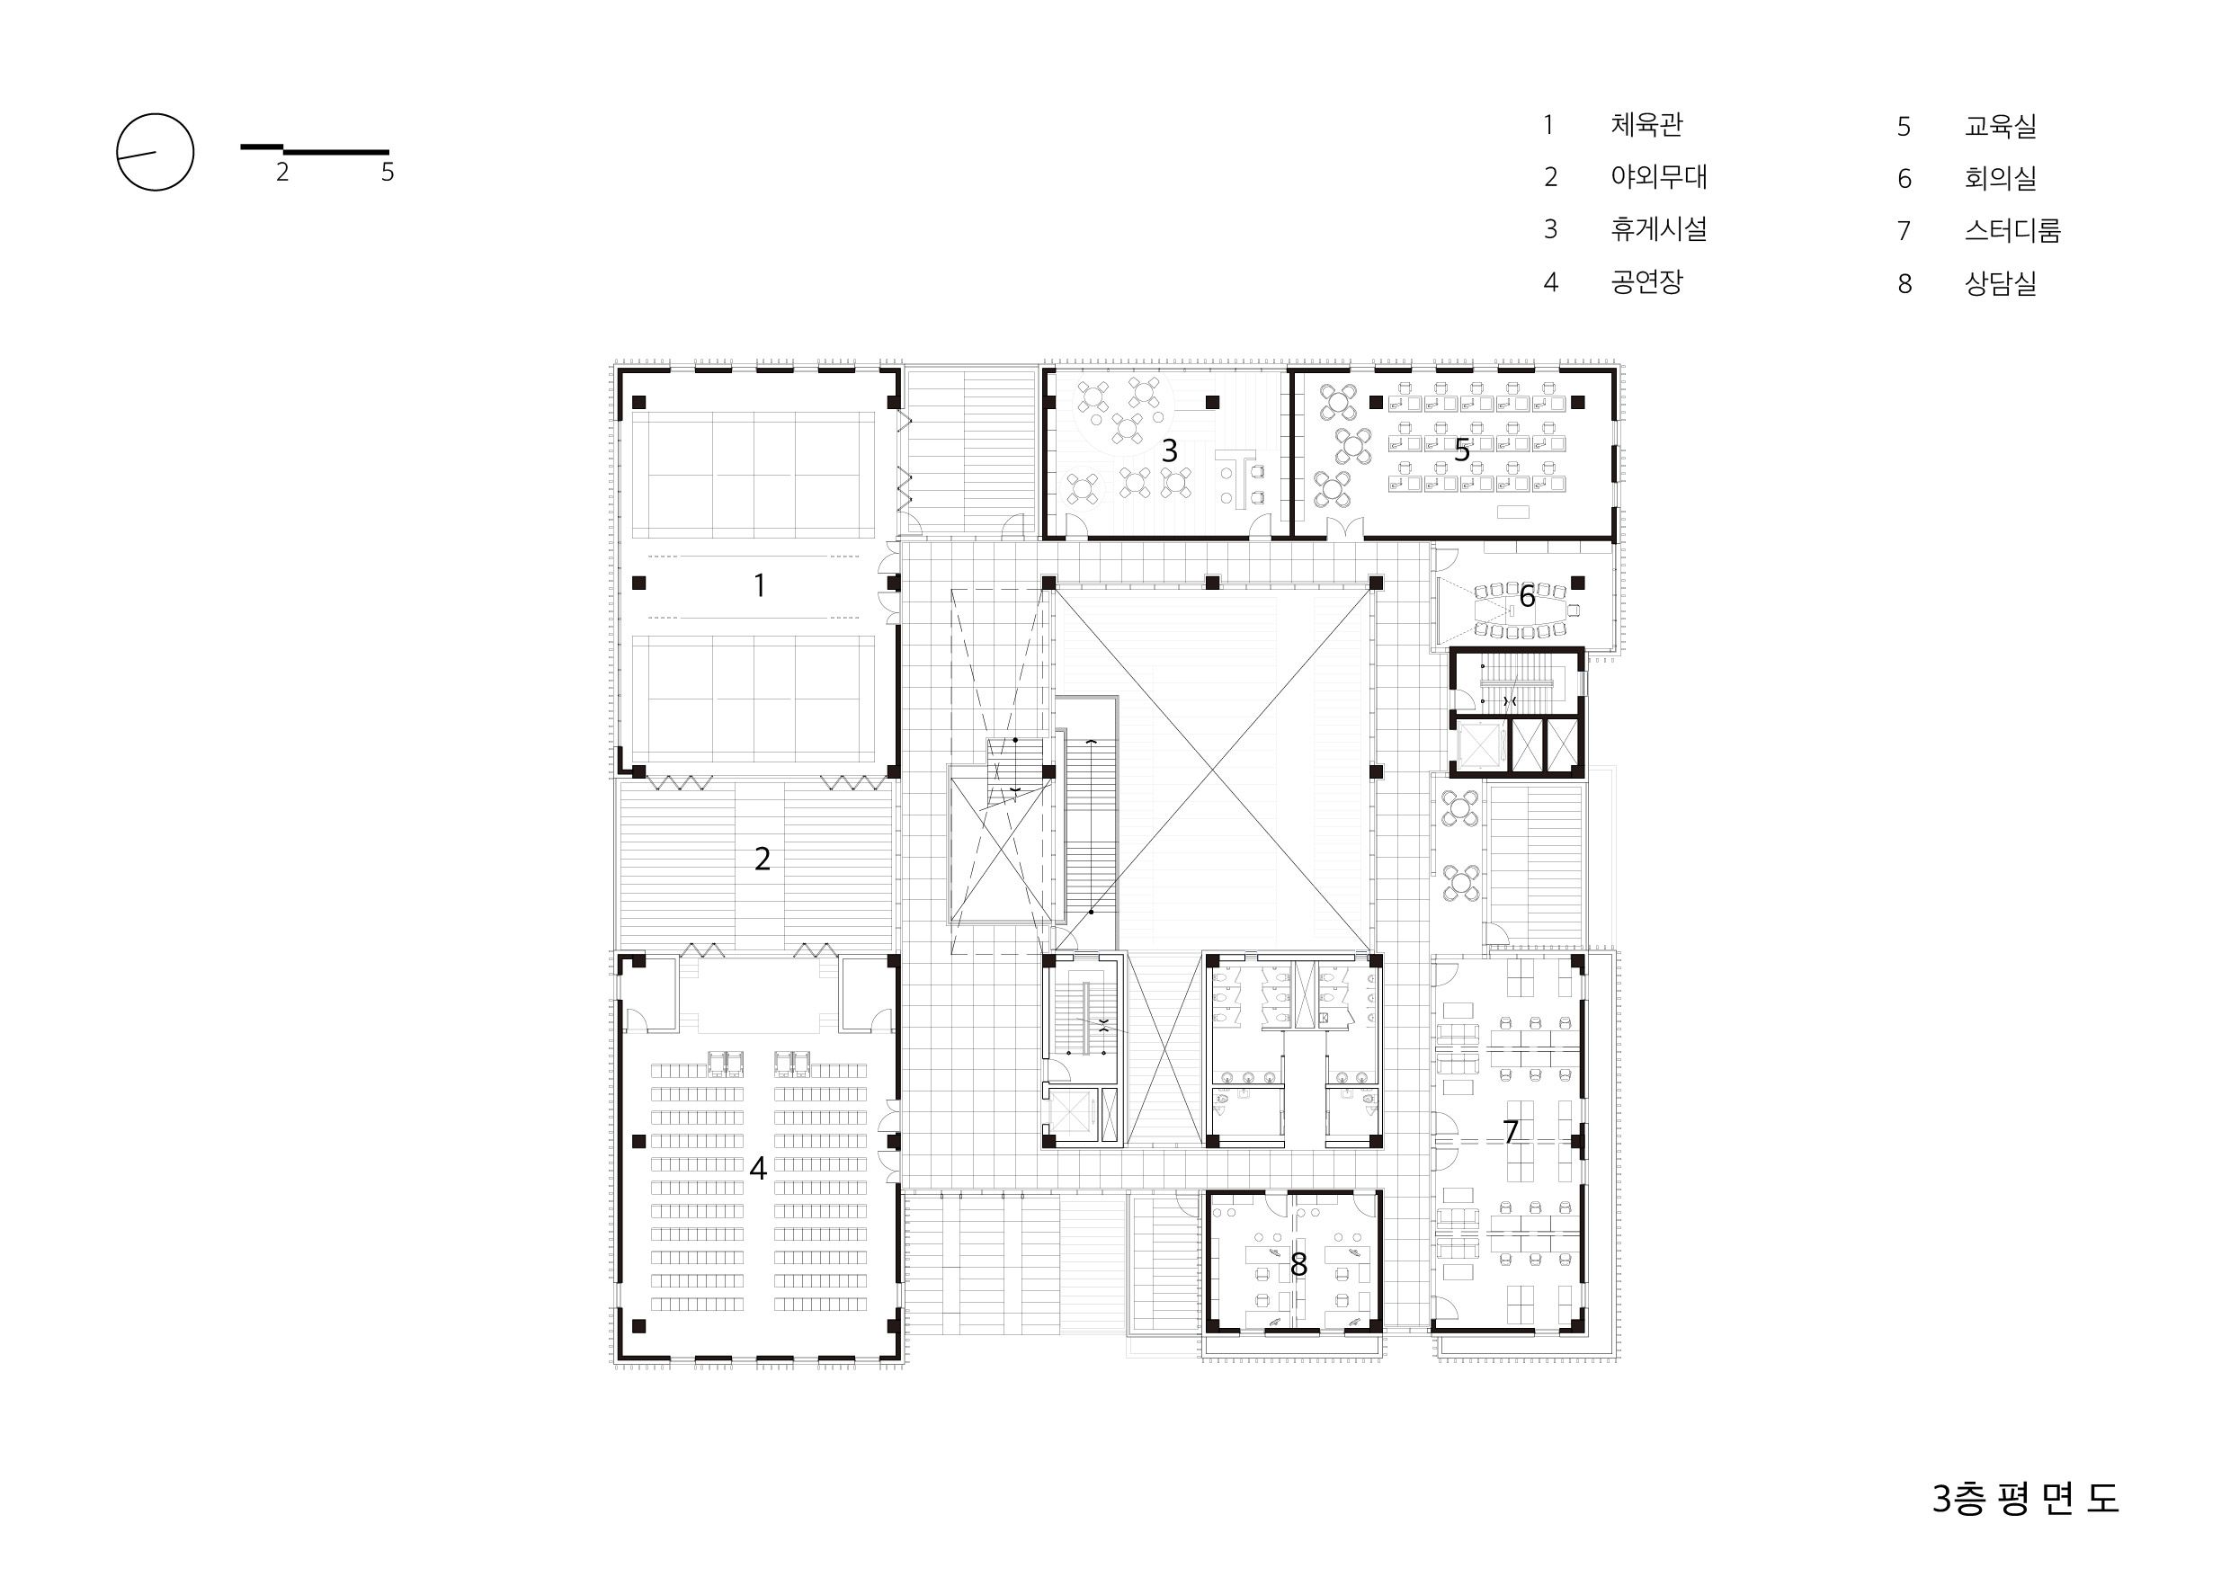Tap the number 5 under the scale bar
tap(388, 173)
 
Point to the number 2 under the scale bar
tap(281, 173)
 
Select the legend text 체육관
tap(1646, 124)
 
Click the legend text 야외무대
tap(1659, 177)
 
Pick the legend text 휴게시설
tap(1659, 229)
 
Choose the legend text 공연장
tap(1646, 281)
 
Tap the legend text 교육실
tap(2000, 126)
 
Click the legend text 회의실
tap(2000, 179)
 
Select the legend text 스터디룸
tap(2012, 231)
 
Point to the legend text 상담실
tap(2000, 283)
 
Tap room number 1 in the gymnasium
tap(760, 585)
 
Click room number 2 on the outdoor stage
tap(763, 859)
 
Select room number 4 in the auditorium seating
tap(759, 1168)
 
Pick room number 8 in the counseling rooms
tap(1298, 1264)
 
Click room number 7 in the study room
tap(1511, 1131)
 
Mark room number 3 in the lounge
tap(1169, 450)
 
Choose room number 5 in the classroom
tap(1462, 450)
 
